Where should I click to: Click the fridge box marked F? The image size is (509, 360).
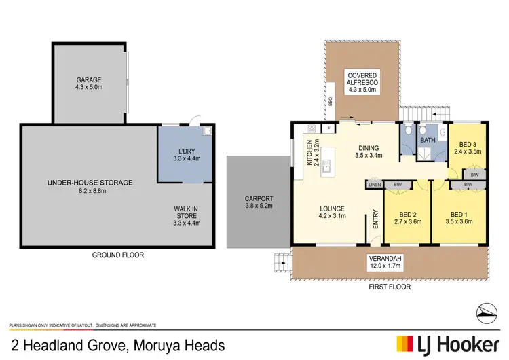(x=329, y=128)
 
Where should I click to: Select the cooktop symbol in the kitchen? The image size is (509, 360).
(x=313, y=128)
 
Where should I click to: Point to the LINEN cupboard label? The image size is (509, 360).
(x=375, y=184)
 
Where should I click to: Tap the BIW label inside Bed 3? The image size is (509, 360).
(x=474, y=175)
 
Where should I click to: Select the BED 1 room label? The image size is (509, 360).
(x=459, y=212)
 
